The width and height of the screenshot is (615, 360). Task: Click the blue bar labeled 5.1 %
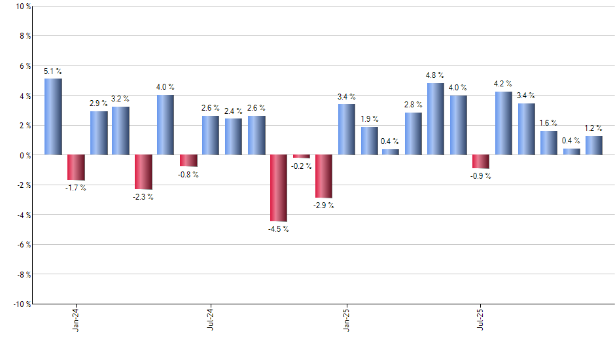click(x=54, y=117)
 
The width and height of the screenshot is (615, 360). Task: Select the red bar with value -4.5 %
click(x=279, y=188)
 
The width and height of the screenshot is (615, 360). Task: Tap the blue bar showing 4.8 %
click(x=436, y=119)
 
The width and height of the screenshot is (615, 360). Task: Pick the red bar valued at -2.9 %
click(x=324, y=176)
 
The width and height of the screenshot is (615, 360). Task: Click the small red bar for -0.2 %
click(x=302, y=156)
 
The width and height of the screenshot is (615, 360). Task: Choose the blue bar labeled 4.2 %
click(x=503, y=123)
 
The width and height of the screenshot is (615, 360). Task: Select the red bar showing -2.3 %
click(x=143, y=172)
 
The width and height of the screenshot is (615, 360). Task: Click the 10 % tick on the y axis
click(x=23, y=7)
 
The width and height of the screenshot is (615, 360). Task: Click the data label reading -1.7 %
click(x=76, y=188)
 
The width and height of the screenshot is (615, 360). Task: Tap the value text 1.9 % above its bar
click(x=369, y=119)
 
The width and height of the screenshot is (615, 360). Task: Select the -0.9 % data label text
click(x=481, y=176)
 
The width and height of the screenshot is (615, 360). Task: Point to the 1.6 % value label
click(x=548, y=123)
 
